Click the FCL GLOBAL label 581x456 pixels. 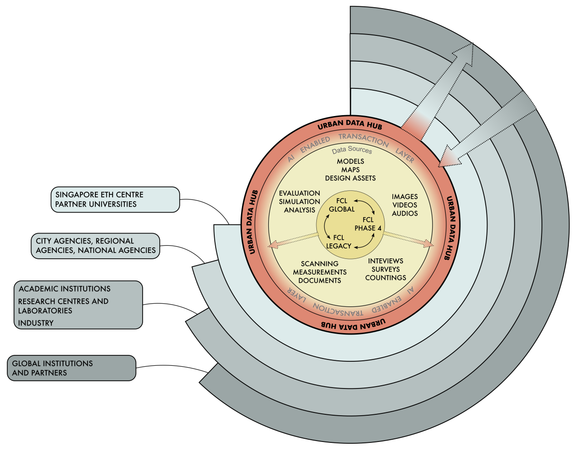[342, 205]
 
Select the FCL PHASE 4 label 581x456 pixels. [368, 224]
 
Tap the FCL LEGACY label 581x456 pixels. [339, 242]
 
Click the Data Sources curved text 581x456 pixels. [352, 150]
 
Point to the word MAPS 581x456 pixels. [350, 170]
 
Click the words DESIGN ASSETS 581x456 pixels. [350, 178]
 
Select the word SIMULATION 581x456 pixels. [300, 202]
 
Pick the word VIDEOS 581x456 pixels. [405, 205]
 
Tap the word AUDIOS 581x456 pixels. [405, 213]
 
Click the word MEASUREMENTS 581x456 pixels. [320, 272]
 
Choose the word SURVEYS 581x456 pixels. [386, 269]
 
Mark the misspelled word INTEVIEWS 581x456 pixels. [386, 261]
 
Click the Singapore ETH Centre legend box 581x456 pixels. [115, 199]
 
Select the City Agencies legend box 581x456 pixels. [95, 246]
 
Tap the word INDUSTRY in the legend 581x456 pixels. [36, 323]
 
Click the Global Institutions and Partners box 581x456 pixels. [71, 368]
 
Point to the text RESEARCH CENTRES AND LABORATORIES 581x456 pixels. [63, 306]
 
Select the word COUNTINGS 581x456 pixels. [386, 277]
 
